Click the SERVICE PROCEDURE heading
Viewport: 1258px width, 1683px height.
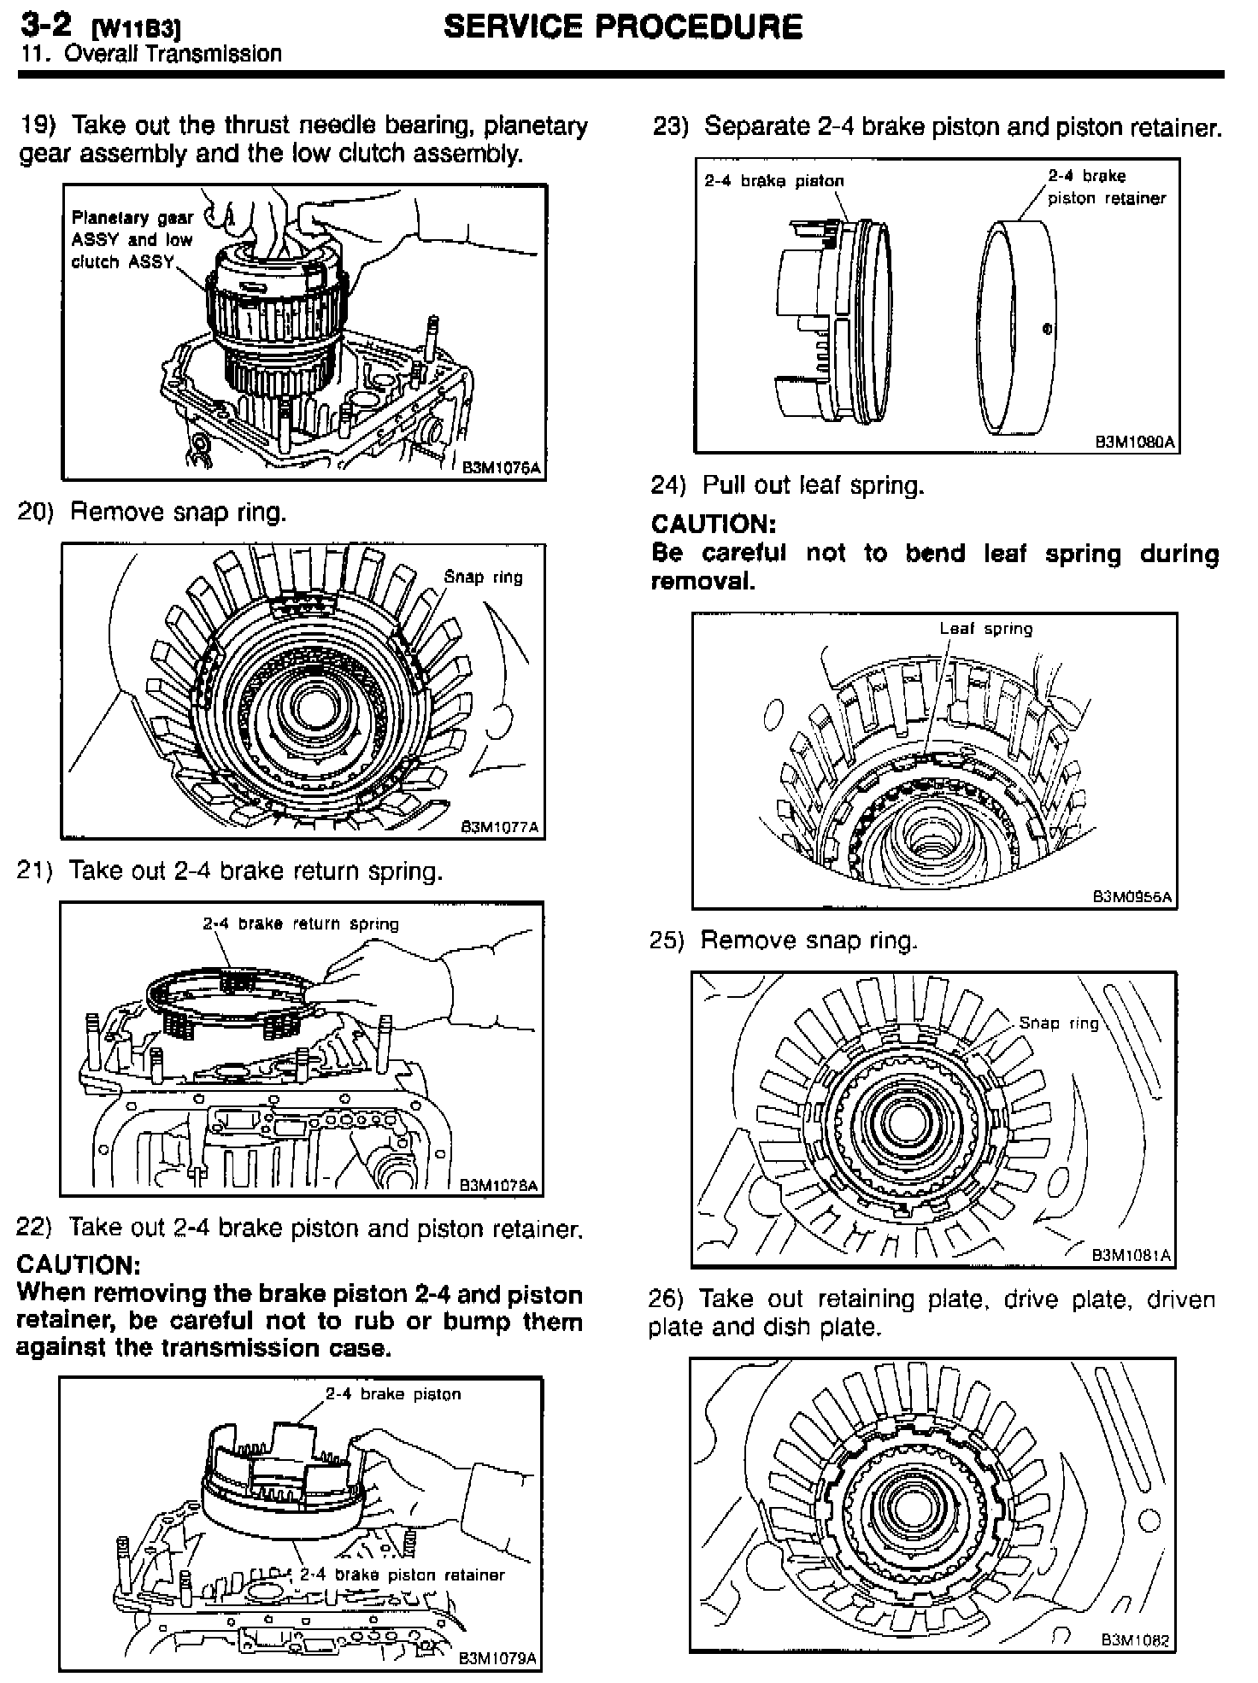[623, 27]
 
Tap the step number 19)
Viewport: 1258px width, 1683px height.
[38, 125]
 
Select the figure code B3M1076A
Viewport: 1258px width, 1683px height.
[502, 467]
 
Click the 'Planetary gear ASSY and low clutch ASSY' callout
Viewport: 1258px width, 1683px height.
[132, 240]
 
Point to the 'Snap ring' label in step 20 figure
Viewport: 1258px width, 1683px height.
[483, 577]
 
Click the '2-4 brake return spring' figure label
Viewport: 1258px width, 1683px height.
[301, 924]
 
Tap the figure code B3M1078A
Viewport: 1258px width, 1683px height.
[499, 1185]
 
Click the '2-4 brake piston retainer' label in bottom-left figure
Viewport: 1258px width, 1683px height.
[402, 1575]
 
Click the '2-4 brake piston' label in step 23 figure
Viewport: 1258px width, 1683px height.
[773, 181]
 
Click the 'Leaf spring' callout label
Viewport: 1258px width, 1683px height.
[985, 629]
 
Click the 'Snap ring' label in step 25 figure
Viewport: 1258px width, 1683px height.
[1058, 1023]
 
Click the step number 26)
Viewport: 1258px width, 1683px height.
[666, 1299]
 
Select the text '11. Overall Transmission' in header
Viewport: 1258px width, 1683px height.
[150, 54]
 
